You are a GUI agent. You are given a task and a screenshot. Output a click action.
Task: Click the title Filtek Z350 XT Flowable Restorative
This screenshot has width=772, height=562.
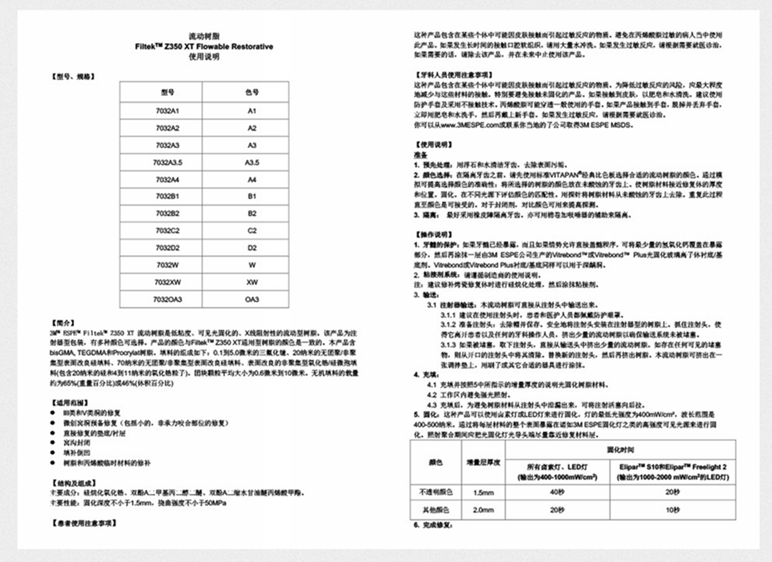(x=204, y=47)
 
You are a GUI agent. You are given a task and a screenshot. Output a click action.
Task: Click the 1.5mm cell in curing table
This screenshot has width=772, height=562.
(x=482, y=492)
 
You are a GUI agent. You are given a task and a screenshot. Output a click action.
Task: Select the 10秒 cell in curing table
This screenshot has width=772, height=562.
(x=672, y=509)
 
